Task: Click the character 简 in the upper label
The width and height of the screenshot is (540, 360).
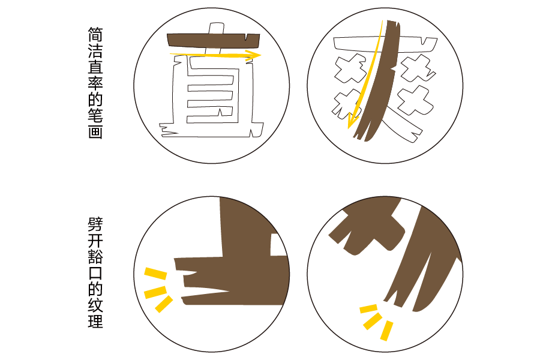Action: click(x=95, y=33)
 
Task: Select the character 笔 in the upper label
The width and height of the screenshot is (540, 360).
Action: click(x=95, y=115)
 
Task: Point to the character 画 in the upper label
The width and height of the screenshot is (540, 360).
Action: click(x=95, y=131)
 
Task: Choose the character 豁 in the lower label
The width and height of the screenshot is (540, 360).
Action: click(x=95, y=257)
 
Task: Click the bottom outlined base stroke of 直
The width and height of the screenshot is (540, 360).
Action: click(x=210, y=128)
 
